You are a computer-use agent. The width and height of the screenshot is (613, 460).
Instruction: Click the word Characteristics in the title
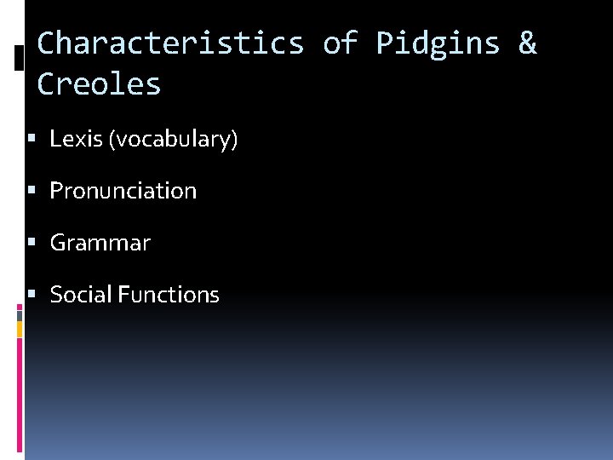click(170, 43)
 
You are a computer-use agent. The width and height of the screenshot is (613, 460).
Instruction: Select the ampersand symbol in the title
click(528, 43)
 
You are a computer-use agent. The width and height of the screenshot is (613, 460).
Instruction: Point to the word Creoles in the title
click(99, 83)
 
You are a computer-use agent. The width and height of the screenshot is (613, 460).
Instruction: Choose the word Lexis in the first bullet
click(76, 139)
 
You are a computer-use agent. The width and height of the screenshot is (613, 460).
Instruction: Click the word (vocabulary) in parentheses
click(173, 140)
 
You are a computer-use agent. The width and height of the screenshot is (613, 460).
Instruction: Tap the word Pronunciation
click(123, 191)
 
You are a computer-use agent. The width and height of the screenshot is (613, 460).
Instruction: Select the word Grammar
click(100, 243)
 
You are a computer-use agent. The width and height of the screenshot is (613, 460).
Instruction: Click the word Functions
click(169, 295)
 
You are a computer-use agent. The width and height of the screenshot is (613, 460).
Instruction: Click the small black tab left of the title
click(20, 57)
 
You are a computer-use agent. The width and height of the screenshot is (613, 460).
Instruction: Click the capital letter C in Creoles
click(47, 83)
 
